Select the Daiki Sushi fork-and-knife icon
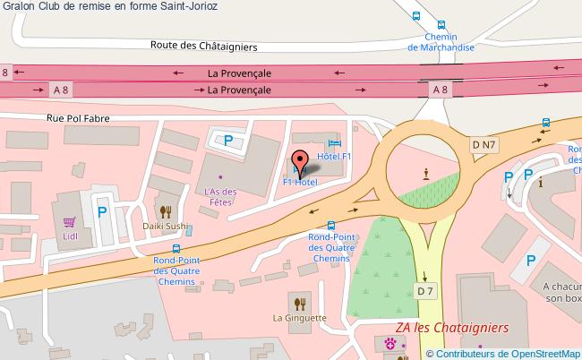[166, 212]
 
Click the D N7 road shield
[484, 144]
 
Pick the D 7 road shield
[425, 290]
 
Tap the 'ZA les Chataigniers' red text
[451, 328]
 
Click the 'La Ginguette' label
[300, 317]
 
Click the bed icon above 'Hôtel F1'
[334, 143]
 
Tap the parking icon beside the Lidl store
[102, 212]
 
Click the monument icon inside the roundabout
[426, 173]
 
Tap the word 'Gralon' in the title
[18, 7]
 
